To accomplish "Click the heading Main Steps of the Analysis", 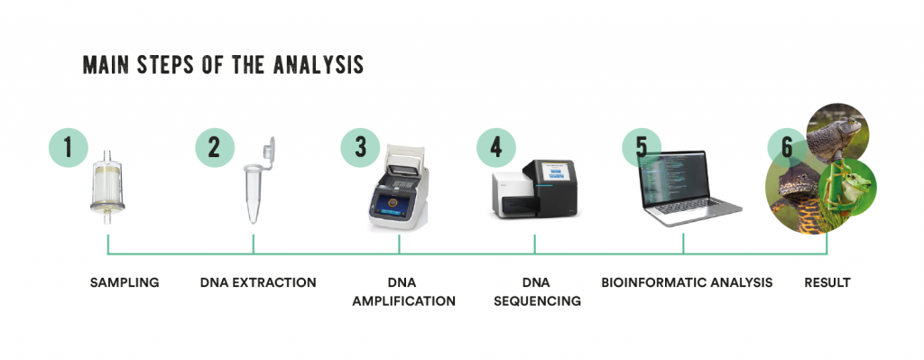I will [x=223, y=65].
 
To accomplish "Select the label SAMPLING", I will [x=125, y=282].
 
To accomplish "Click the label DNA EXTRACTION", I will [x=258, y=282].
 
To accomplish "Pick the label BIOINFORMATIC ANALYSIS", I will [x=687, y=282].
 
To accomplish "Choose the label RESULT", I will [x=827, y=282].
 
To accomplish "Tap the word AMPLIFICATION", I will [x=403, y=300].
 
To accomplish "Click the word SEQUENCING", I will [x=538, y=300].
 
